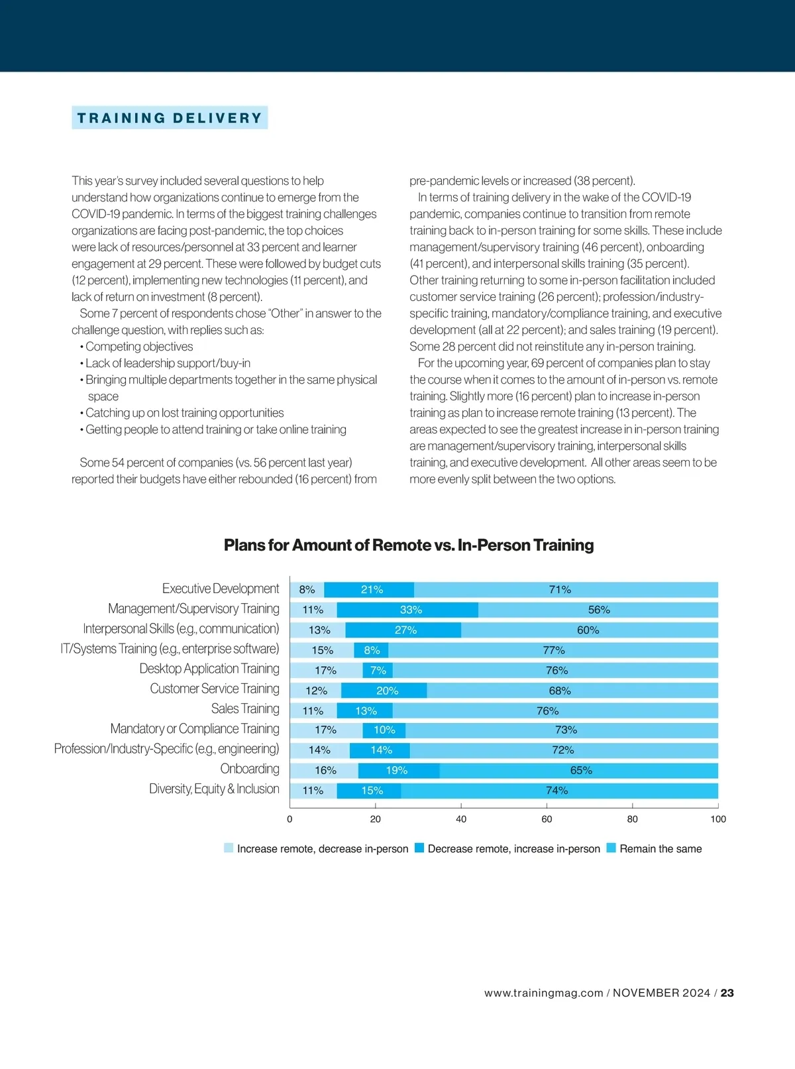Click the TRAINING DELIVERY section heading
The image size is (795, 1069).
[x=170, y=118]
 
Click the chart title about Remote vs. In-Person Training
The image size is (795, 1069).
[x=409, y=545]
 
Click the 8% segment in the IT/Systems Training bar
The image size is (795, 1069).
[x=372, y=650]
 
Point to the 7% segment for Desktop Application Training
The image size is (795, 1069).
[x=378, y=671]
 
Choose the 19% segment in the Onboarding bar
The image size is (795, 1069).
[x=398, y=771]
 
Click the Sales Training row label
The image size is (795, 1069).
[x=245, y=709]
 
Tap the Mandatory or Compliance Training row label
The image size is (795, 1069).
[x=195, y=729]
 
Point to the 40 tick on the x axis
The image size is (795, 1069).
[x=461, y=819]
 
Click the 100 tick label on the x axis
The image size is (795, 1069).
[x=718, y=819]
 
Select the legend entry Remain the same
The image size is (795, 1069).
[x=660, y=849]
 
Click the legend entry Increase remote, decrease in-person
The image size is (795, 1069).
[x=322, y=849]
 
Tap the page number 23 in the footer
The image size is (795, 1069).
[x=727, y=993]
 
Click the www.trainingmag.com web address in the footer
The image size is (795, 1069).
[x=543, y=993]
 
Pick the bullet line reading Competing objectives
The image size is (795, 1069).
[x=139, y=347]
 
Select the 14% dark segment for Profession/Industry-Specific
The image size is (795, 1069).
[x=380, y=750]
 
